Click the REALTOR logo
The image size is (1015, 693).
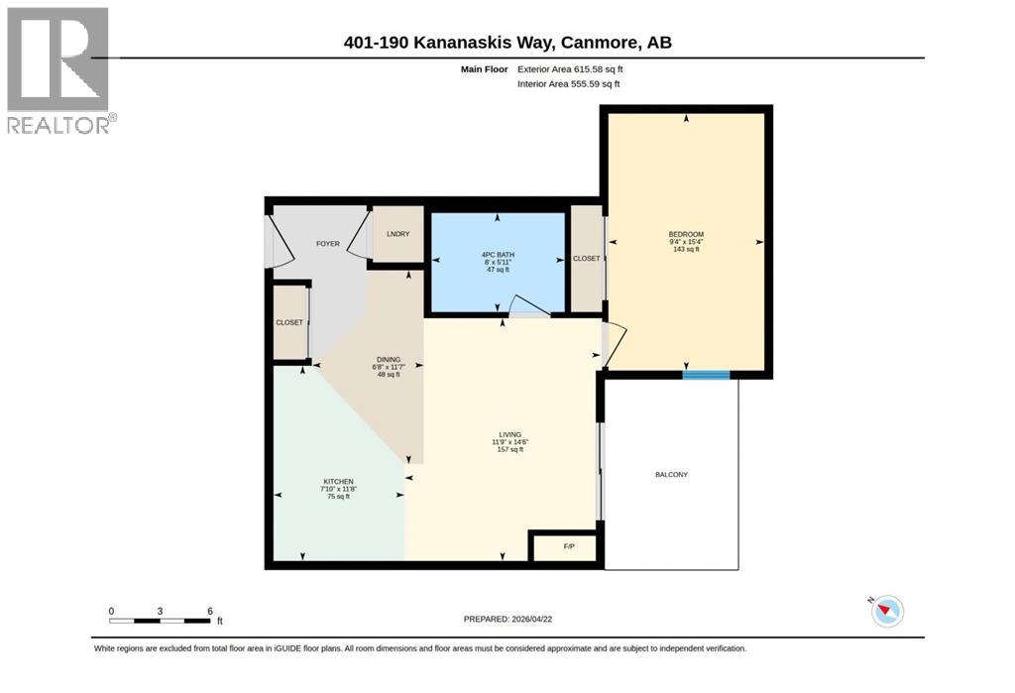pyautogui.click(x=58, y=70)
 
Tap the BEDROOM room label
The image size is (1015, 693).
pyautogui.click(x=686, y=234)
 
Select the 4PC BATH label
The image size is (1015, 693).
pyautogui.click(x=498, y=255)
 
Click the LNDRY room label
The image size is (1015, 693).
pyautogui.click(x=398, y=234)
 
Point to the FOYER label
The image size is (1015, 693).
pyautogui.click(x=327, y=244)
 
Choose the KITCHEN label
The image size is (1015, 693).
pyautogui.click(x=339, y=481)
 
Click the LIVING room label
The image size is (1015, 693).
pyautogui.click(x=510, y=434)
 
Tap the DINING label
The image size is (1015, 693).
pyautogui.click(x=389, y=360)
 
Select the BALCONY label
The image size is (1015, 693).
pyautogui.click(x=671, y=474)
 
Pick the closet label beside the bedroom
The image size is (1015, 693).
pyautogui.click(x=587, y=259)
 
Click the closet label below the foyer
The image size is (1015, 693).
pyautogui.click(x=289, y=322)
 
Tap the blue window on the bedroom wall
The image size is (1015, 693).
pyautogui.click(x=706, y=375)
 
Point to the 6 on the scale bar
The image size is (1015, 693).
pyautogui.click(x=210, y=611)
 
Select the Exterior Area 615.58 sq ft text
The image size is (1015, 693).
pyautogui.click(x=570, y=68)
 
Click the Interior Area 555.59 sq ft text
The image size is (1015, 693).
pyautogui.click(x=568, y=83)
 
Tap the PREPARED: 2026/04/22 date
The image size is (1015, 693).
pyautogui.click(x=507, y=619)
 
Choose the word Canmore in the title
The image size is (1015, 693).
pyautogui.click(x=598, y=42)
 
